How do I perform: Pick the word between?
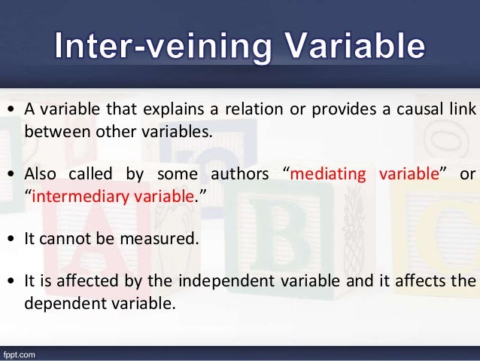point(50,133)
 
